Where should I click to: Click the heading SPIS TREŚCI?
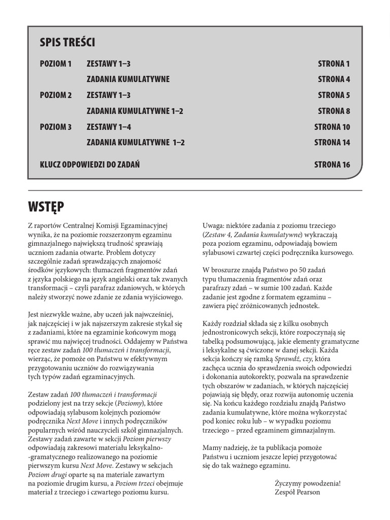tap(67, 43)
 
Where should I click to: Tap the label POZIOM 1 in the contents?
tap(56, 64)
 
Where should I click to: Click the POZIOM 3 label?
tap(56, 127)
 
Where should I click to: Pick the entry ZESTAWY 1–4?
tap(109, 127)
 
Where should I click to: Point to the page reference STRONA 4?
tap(334, 79)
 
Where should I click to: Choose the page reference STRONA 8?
tap(334, 111)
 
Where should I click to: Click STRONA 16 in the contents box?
tap(332, 165)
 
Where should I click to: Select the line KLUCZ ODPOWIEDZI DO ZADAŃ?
tap(90, 165)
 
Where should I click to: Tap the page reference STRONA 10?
tap(332, 127)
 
